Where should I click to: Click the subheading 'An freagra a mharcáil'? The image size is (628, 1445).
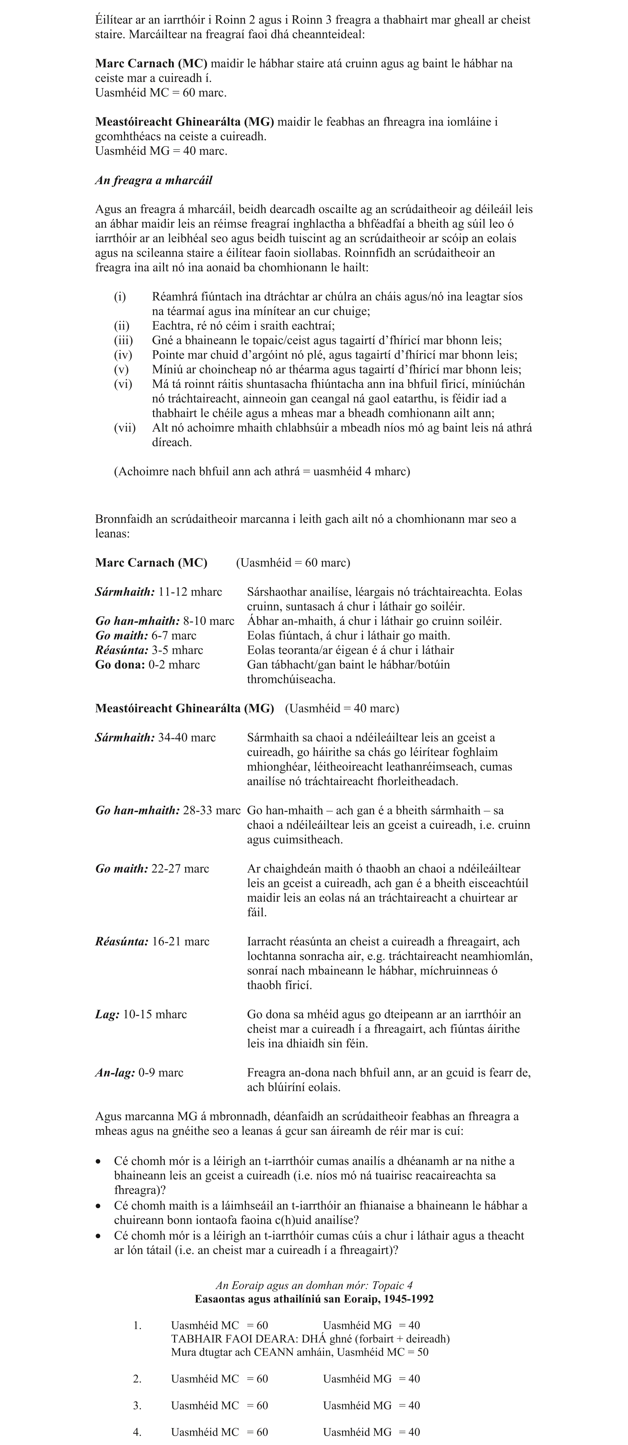pyautogui.click(x=154, y=181)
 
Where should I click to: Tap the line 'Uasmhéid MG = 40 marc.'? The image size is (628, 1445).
pyautogui.click(x=161, y=151)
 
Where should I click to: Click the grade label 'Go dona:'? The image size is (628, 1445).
pyautogui.click(x=120, y=665)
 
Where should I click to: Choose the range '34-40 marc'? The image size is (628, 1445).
pyautogui.click(x=187, y=738)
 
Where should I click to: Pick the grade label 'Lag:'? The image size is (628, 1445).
pyautogui.click(x=107, y=1014)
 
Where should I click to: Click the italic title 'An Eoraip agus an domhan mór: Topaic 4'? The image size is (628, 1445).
pyautogui.click(x=314, y=1286)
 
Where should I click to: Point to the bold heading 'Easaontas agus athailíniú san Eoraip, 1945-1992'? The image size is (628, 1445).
pyautogui.click(x=314, y=1299)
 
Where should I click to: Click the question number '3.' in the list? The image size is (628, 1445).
pyautogui.click(x=137, y=1406)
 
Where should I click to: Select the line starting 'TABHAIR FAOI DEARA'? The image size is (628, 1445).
pyautogui.click(x=310, y=1339)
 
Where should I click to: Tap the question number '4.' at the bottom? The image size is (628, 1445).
pyautogui.click(x=137, y=1432)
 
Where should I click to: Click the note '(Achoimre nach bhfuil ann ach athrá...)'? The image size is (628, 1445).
pyautogui.click(x=262, y=471)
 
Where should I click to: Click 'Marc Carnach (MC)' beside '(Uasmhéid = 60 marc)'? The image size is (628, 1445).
pyautogui.click(x=151, y=563)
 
